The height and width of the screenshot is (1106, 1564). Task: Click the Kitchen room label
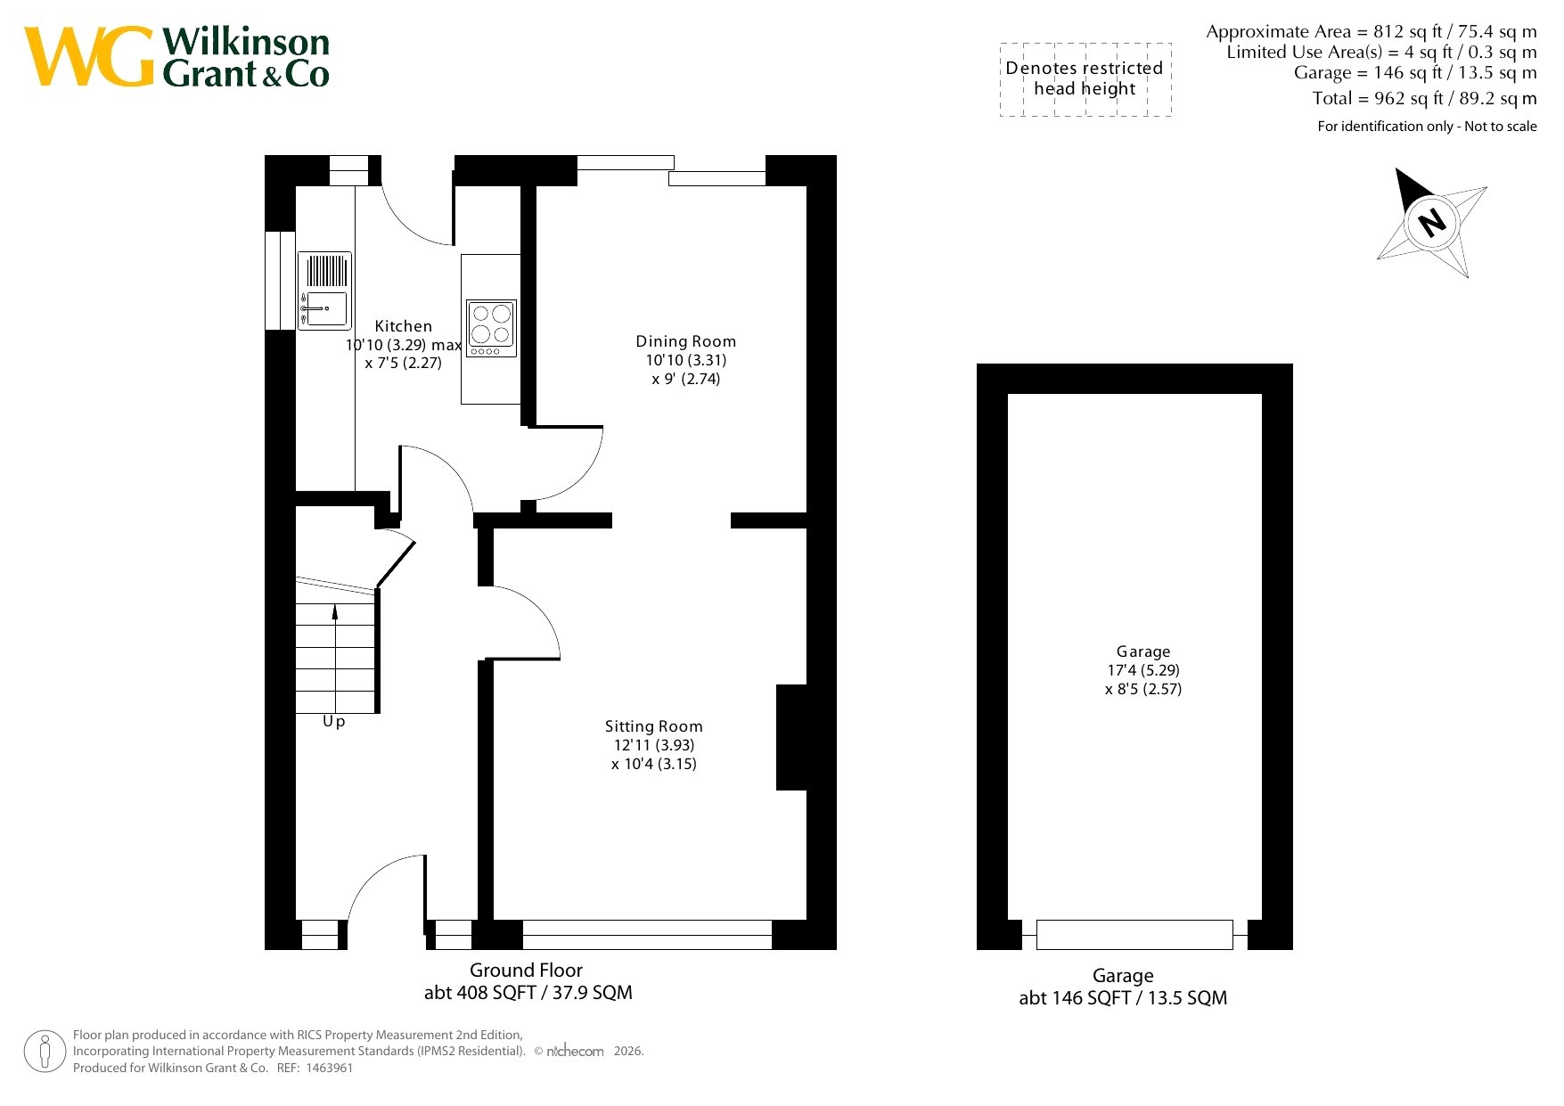click(x=403, y=326)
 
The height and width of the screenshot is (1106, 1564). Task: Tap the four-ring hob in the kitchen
click(x=491, y=328)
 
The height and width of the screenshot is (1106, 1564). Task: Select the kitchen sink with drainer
click(x=324, y=291)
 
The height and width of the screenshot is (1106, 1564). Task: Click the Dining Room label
click(x=685, y=341)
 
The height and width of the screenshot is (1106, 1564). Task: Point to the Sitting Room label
click(x=653, y=726)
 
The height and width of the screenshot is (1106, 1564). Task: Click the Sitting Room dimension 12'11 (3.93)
click(x=653, y=745)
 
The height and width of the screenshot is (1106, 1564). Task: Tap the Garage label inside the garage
click(x=1143, y=651)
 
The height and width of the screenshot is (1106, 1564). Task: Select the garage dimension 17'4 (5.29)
click(x=1143, y=670)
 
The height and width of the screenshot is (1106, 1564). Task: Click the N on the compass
click(x=1432, y=221)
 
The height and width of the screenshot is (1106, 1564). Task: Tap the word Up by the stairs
click(x=333, y=721)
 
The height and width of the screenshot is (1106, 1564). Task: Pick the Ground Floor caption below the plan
click(x=526, y=971)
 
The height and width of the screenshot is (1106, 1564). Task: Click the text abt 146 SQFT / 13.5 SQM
click(x=1123, y=998)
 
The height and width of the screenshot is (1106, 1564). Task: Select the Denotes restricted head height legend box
click(x=1085, y=79)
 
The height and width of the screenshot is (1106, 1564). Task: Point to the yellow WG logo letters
click(x=89, y=56)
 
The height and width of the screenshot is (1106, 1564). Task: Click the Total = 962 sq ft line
click(x=1424, y=99)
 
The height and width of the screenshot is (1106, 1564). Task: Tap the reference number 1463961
click(x=329, y=1068)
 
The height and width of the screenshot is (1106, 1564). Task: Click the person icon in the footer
click(x=45, y=1051)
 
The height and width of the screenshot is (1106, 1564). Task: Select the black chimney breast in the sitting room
click(x=791, y=737)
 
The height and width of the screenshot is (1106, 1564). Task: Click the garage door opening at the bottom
click(x=1134, y=935)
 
